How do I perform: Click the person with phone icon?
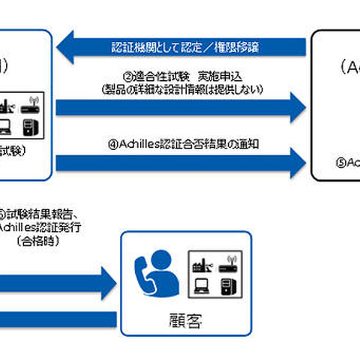[x=151, y=271]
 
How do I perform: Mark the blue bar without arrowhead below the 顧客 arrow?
[x=56, y=320]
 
